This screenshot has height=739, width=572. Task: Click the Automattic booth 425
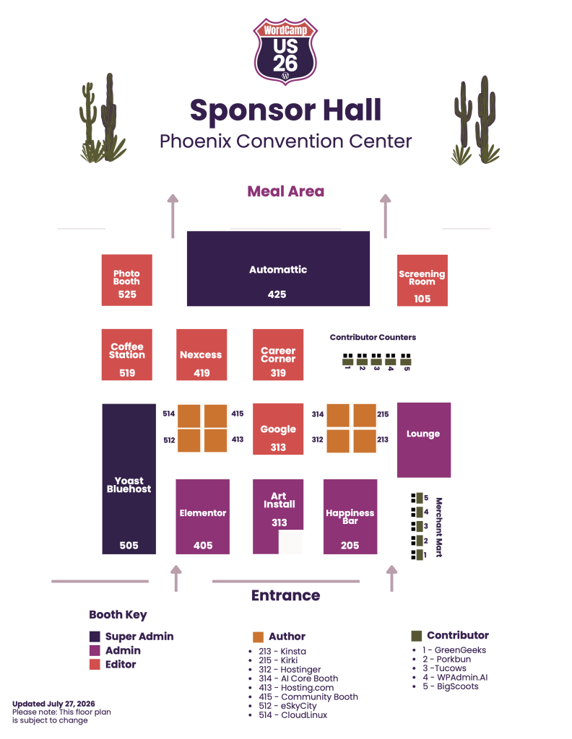tap(278, 268)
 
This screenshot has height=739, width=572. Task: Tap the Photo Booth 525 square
tap(127, 280)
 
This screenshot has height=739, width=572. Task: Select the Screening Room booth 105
tap(422, 281)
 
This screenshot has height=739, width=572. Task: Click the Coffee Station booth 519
tap(127, 354)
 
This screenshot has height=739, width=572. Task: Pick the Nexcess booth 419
tap(201, 354)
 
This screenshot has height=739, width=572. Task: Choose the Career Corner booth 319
tap(278, 354)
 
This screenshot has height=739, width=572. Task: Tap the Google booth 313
tap(278, 429)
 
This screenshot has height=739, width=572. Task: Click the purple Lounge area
tap(423, 440)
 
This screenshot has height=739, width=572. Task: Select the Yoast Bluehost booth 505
tap(129, 479)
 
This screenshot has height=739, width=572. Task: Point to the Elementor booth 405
tap(203, 517)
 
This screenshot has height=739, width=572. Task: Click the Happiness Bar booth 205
tap(350, 517)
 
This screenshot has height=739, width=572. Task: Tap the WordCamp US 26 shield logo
tap(285, 51)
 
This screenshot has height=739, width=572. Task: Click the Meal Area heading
tap(286, 191)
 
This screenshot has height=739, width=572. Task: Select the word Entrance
tap(286, 595)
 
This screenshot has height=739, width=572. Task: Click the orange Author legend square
tap(258, 637)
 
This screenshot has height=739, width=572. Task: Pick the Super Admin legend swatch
tap(95, 637)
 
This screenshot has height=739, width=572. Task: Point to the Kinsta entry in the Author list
tap(282, 652)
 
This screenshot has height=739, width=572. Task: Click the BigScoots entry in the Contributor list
tap(451, 686)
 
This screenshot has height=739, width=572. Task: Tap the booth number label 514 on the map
tap(169, 414)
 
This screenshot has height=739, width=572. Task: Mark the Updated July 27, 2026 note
tap(53, 704)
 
